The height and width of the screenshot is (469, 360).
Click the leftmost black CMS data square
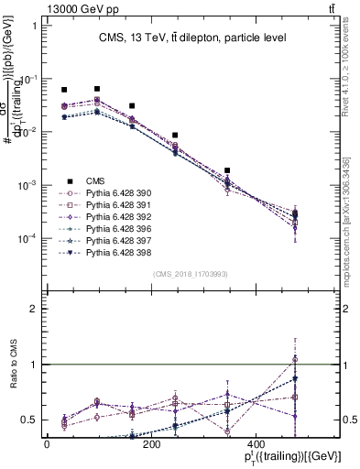64,90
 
